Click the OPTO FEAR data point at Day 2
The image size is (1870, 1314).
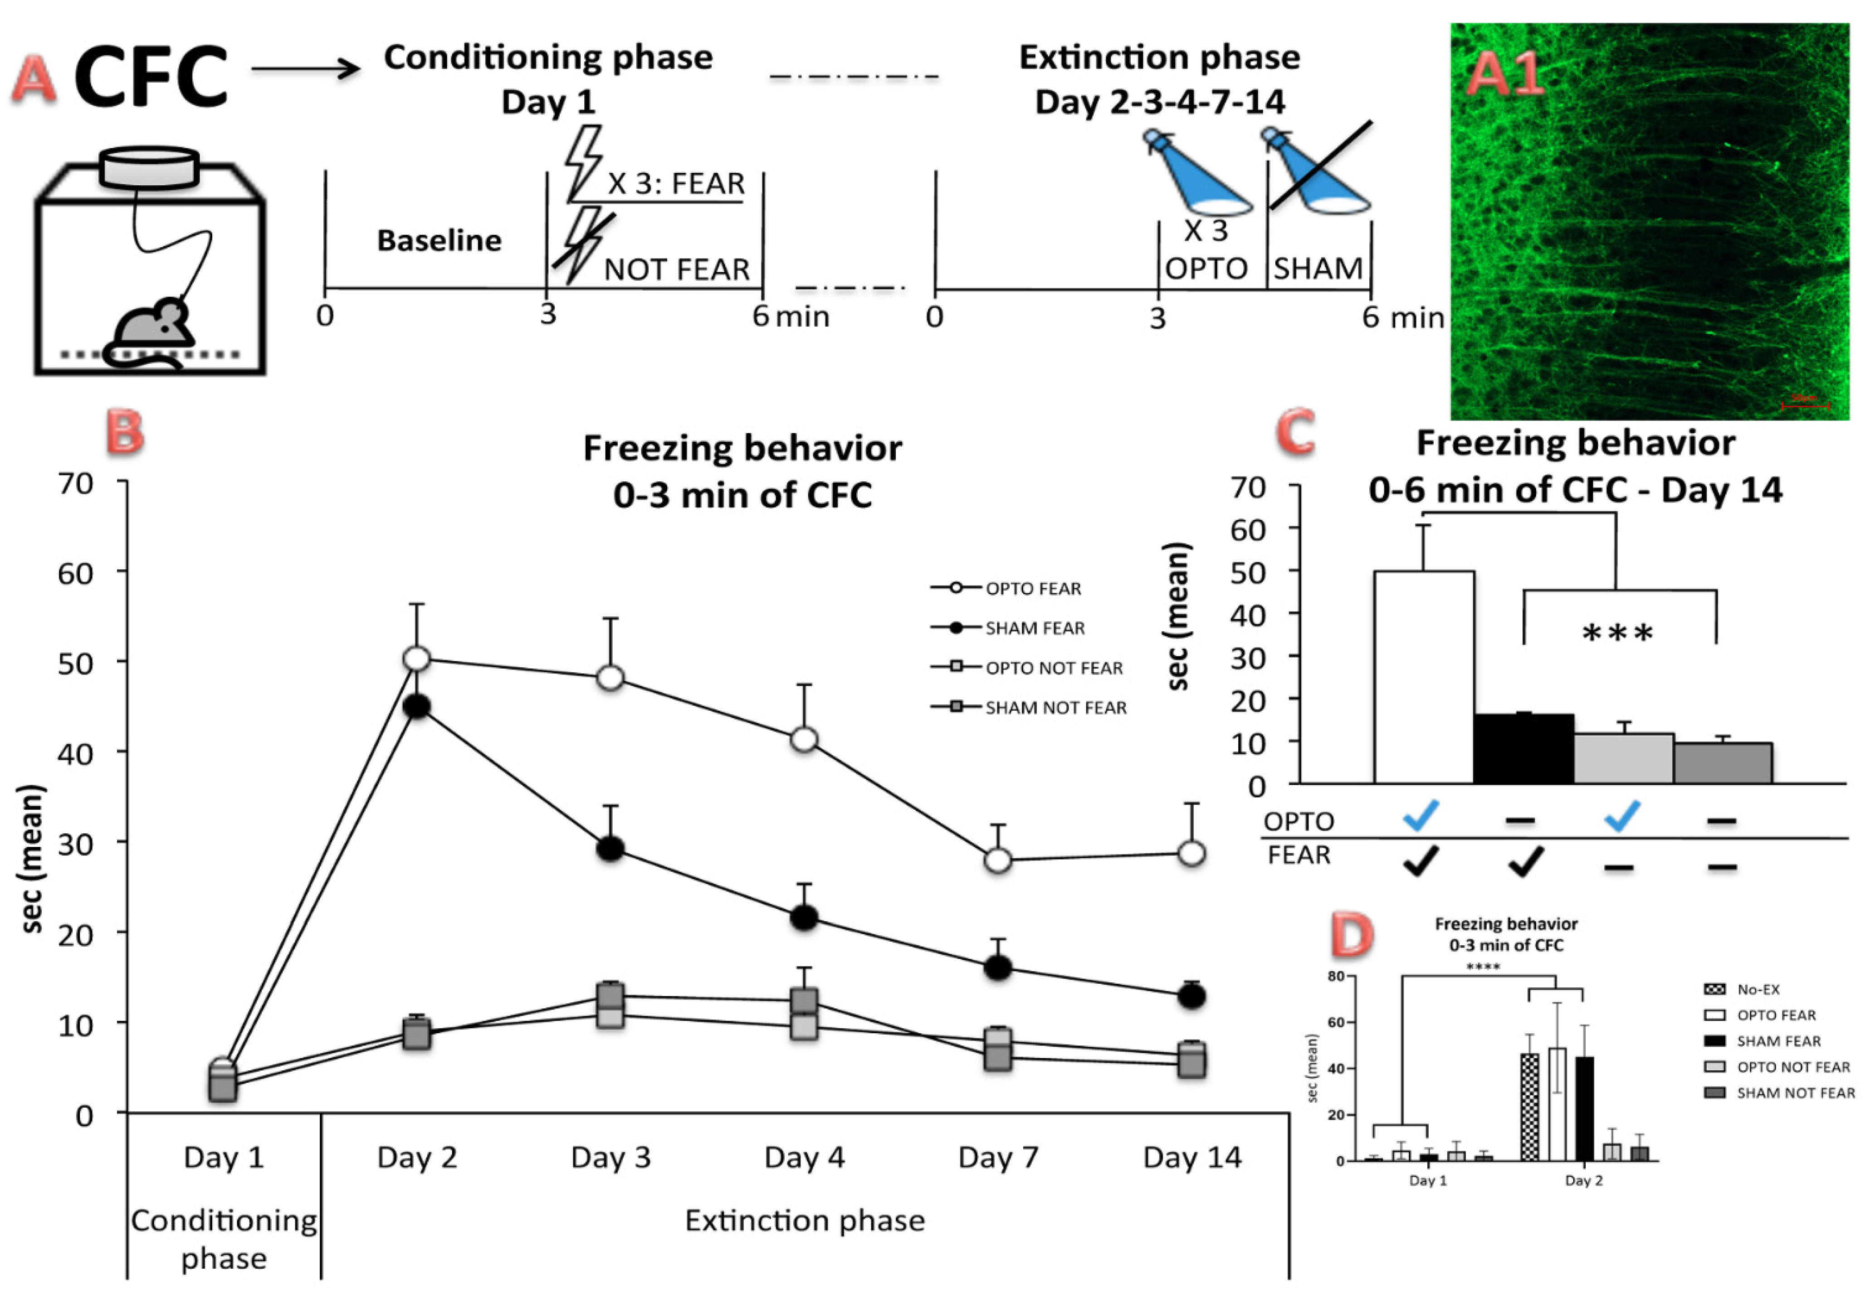coord(416,658)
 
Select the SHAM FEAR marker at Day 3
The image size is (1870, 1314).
coord(610,849)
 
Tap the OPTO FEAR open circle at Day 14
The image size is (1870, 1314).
coord(1191,854)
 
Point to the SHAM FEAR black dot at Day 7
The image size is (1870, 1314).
coord(998,968)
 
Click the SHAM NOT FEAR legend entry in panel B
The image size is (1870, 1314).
coord(1055,708)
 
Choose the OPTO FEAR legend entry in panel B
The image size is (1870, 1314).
coord(1033,588)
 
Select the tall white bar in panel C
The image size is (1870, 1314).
coord(1424,676)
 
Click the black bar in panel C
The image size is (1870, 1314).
coord(1523,748)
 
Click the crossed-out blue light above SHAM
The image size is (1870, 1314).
coord(1317,171)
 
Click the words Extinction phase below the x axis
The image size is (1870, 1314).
coord(805,1220)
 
